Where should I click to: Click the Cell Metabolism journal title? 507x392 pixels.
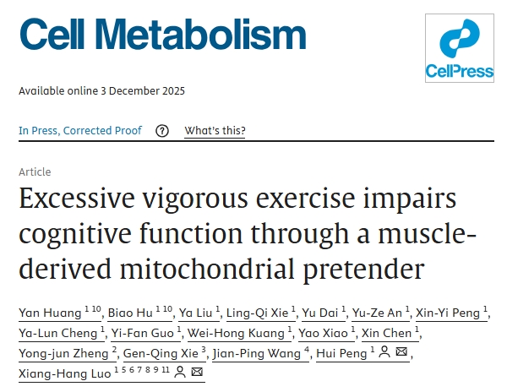162,34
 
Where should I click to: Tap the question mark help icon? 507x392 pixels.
162,131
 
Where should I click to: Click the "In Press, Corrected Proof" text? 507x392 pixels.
80,131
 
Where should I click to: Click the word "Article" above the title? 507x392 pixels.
35,171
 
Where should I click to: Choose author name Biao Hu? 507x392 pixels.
131,313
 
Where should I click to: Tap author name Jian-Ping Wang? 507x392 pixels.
258,353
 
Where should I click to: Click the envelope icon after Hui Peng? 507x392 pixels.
401,353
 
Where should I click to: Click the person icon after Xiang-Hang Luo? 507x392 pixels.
180,373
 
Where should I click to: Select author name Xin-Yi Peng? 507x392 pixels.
449,313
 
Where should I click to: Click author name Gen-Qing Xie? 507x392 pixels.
159,353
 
